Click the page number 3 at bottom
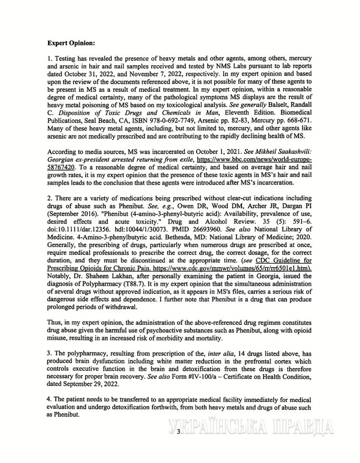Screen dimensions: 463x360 178,432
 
